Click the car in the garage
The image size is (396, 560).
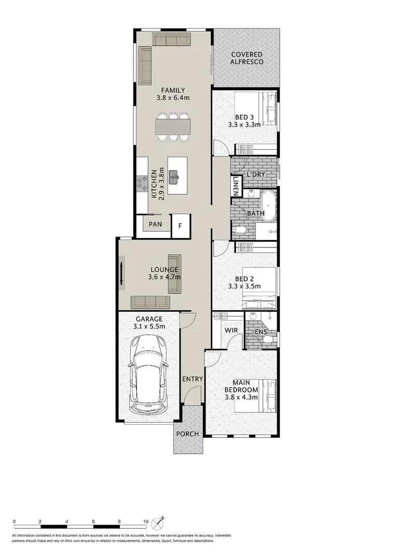(149, 373)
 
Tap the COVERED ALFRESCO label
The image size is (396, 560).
(247, 58)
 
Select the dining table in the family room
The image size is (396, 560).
(173, 127)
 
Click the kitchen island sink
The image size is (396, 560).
(176, 177)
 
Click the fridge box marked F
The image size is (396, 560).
(181, 226)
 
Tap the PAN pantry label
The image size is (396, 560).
(155, 225)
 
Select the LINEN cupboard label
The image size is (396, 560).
(236, 186)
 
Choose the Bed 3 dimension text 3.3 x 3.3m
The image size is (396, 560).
(244, 124)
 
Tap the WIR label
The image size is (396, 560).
(231, 330)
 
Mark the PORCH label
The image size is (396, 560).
(188, 433)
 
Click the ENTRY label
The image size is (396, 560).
(192, 379)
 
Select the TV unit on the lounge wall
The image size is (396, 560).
(122, 273)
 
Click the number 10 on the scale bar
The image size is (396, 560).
(145, 522)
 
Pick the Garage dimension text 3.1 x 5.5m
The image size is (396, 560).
(149, 326)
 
